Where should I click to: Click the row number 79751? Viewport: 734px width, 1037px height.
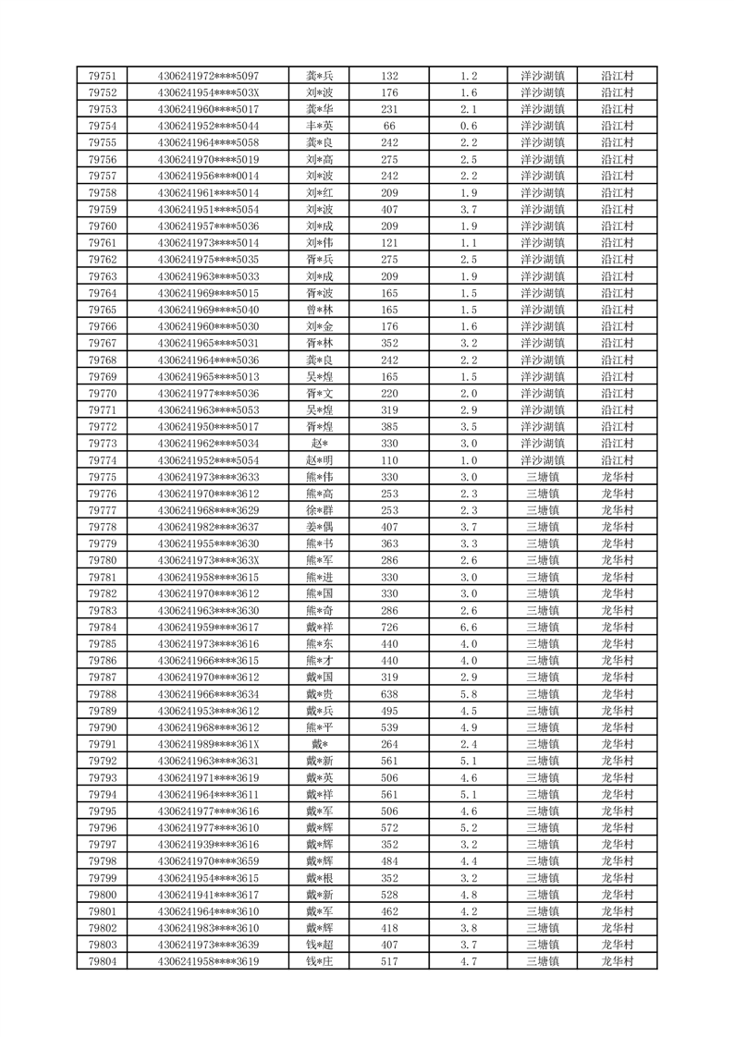(x=102, y=76)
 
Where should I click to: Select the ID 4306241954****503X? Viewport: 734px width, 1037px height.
(x=209, y=92)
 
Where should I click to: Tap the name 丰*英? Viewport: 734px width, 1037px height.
(x=319, y=126)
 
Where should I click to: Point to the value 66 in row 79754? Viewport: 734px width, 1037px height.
(x=389, y=126)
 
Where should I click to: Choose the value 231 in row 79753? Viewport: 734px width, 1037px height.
(x=389, y=109)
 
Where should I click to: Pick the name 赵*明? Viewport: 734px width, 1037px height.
(x=319, y=460)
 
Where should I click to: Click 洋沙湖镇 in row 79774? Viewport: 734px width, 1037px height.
(x=543, y=460)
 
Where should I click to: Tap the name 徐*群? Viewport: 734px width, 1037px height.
(x=319, y=510)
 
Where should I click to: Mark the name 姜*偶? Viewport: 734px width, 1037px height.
(x=319, y=527)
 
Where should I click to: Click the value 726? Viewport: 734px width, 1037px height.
(x=389, y=628)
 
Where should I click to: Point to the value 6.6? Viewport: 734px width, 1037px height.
(x=469, y=628)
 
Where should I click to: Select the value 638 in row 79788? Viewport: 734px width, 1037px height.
(x=389, y=694)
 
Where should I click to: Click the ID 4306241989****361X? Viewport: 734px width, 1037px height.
(x=209, y=744)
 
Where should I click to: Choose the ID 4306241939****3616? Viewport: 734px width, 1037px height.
(x=209, y=845)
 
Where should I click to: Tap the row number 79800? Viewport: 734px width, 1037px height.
(x=102, y=895)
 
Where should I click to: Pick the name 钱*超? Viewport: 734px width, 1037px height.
(x=319, y=945)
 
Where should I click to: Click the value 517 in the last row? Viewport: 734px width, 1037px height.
(x=389, y=961)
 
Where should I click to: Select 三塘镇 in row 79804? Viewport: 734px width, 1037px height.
(x=543, y=961)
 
